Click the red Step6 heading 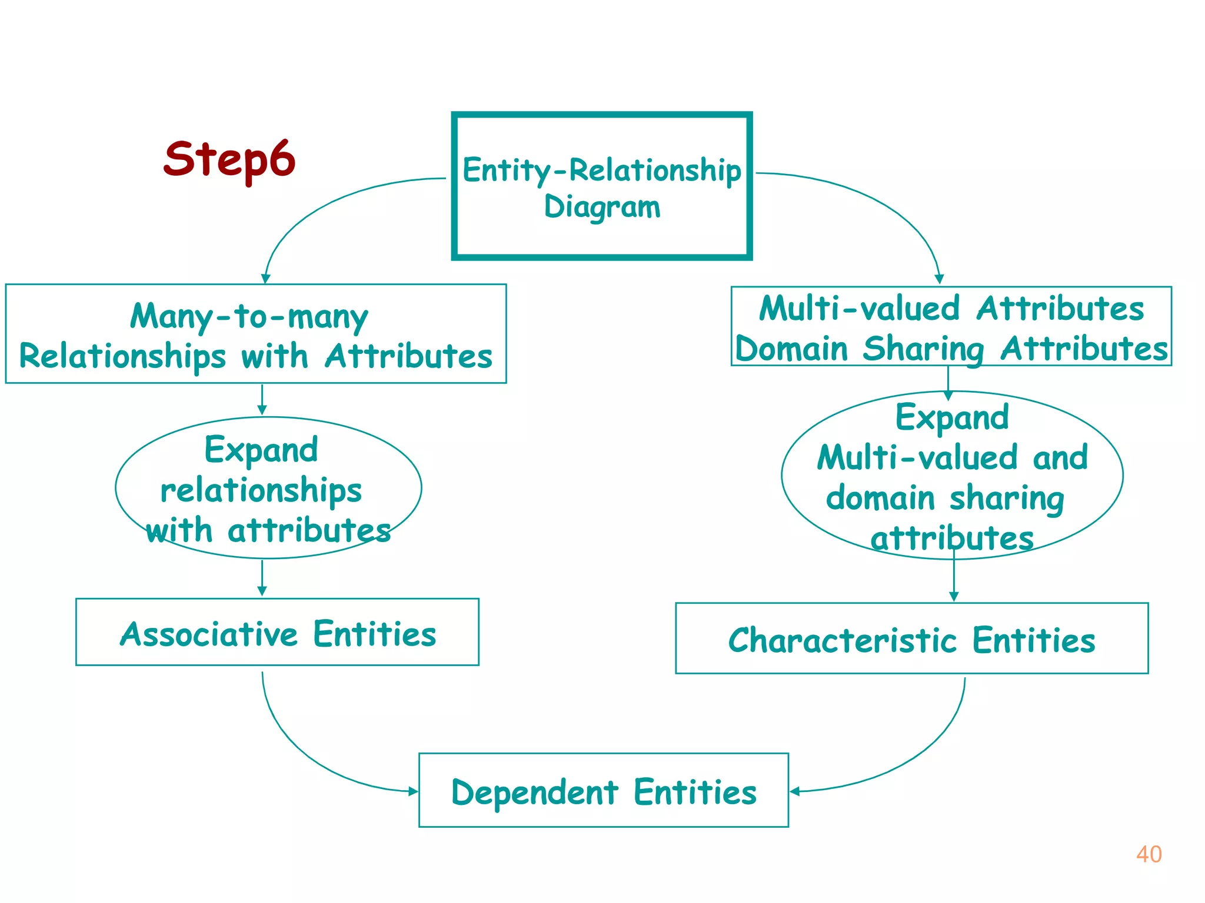[x=229, y=160]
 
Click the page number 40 [x=1149, y=854]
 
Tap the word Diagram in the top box [x=602, y=207]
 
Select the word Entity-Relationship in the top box [x=601, y=170]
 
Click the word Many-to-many [x=249, y=317]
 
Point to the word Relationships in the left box [x=122, y=356]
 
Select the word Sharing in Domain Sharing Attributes [x=923, y=349]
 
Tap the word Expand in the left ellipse [x=261, y=450]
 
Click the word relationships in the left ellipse [x=261, y=490]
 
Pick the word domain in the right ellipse [x=880, y=498]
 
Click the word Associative [x=209, y=634]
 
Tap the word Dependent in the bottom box [x=535, y=792]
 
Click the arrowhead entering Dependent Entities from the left [x=413, y=791]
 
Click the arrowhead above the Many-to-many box [x=266, y=278]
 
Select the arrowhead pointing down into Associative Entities [x=262, y=591]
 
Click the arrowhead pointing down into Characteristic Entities [x=954, y=596]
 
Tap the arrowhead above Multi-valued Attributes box [x=939, y=279]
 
